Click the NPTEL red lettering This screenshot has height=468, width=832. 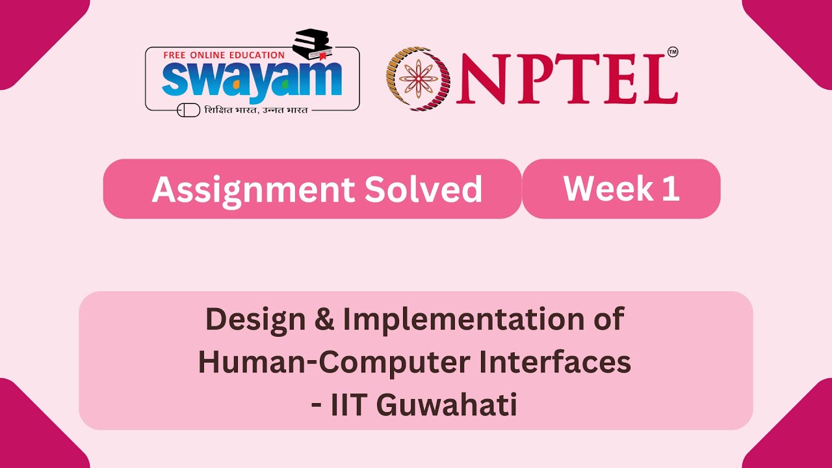pyautogui.click(x=564, y=79)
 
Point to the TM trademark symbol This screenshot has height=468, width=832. pyautogui.click(x=672, y=52)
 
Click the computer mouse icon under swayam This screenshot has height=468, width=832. pyautogui.click(x=188, y=110)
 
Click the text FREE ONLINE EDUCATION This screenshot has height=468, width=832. pyautogui.click(x=224, y=55)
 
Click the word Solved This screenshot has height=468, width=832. pyautogui.click(x=423, y=189)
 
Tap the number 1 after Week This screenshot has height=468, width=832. pyautogui.click(x=671, y=188)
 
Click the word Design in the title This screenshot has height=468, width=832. pyautogui.click(x=255, y=319)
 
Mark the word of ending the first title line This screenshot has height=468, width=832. pyautogui.click(x=610, y=319)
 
